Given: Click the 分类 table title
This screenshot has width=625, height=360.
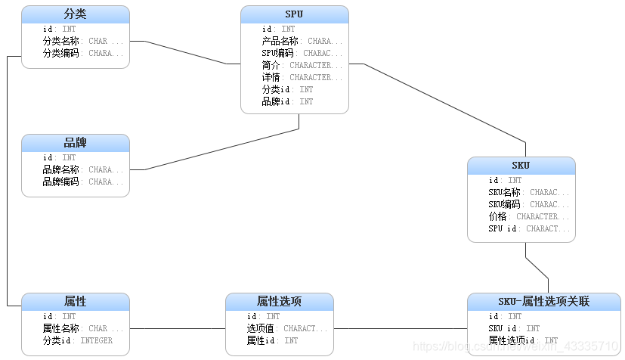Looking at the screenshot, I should (75, 14).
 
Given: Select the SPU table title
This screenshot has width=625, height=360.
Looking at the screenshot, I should (295, 14).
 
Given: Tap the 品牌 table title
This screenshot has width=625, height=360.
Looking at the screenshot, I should (75, 143).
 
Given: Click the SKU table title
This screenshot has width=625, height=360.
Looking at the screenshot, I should (521, 166).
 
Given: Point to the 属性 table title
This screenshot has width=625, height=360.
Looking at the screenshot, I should (75, 302).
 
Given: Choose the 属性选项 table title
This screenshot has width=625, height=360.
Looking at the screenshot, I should (280, 302).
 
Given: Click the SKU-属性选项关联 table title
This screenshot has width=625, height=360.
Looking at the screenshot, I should (543, 302).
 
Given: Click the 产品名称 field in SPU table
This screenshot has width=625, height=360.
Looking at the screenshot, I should (280, 42).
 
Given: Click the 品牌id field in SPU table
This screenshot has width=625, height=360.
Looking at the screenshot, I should (277, 101).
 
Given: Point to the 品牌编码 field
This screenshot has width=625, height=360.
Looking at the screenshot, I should (60, 182).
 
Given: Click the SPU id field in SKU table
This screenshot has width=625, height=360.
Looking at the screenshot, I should (503, 228).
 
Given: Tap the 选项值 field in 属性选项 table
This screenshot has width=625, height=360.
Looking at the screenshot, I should (264, 329).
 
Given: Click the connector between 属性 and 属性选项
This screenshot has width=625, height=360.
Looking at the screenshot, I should (178, 329).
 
